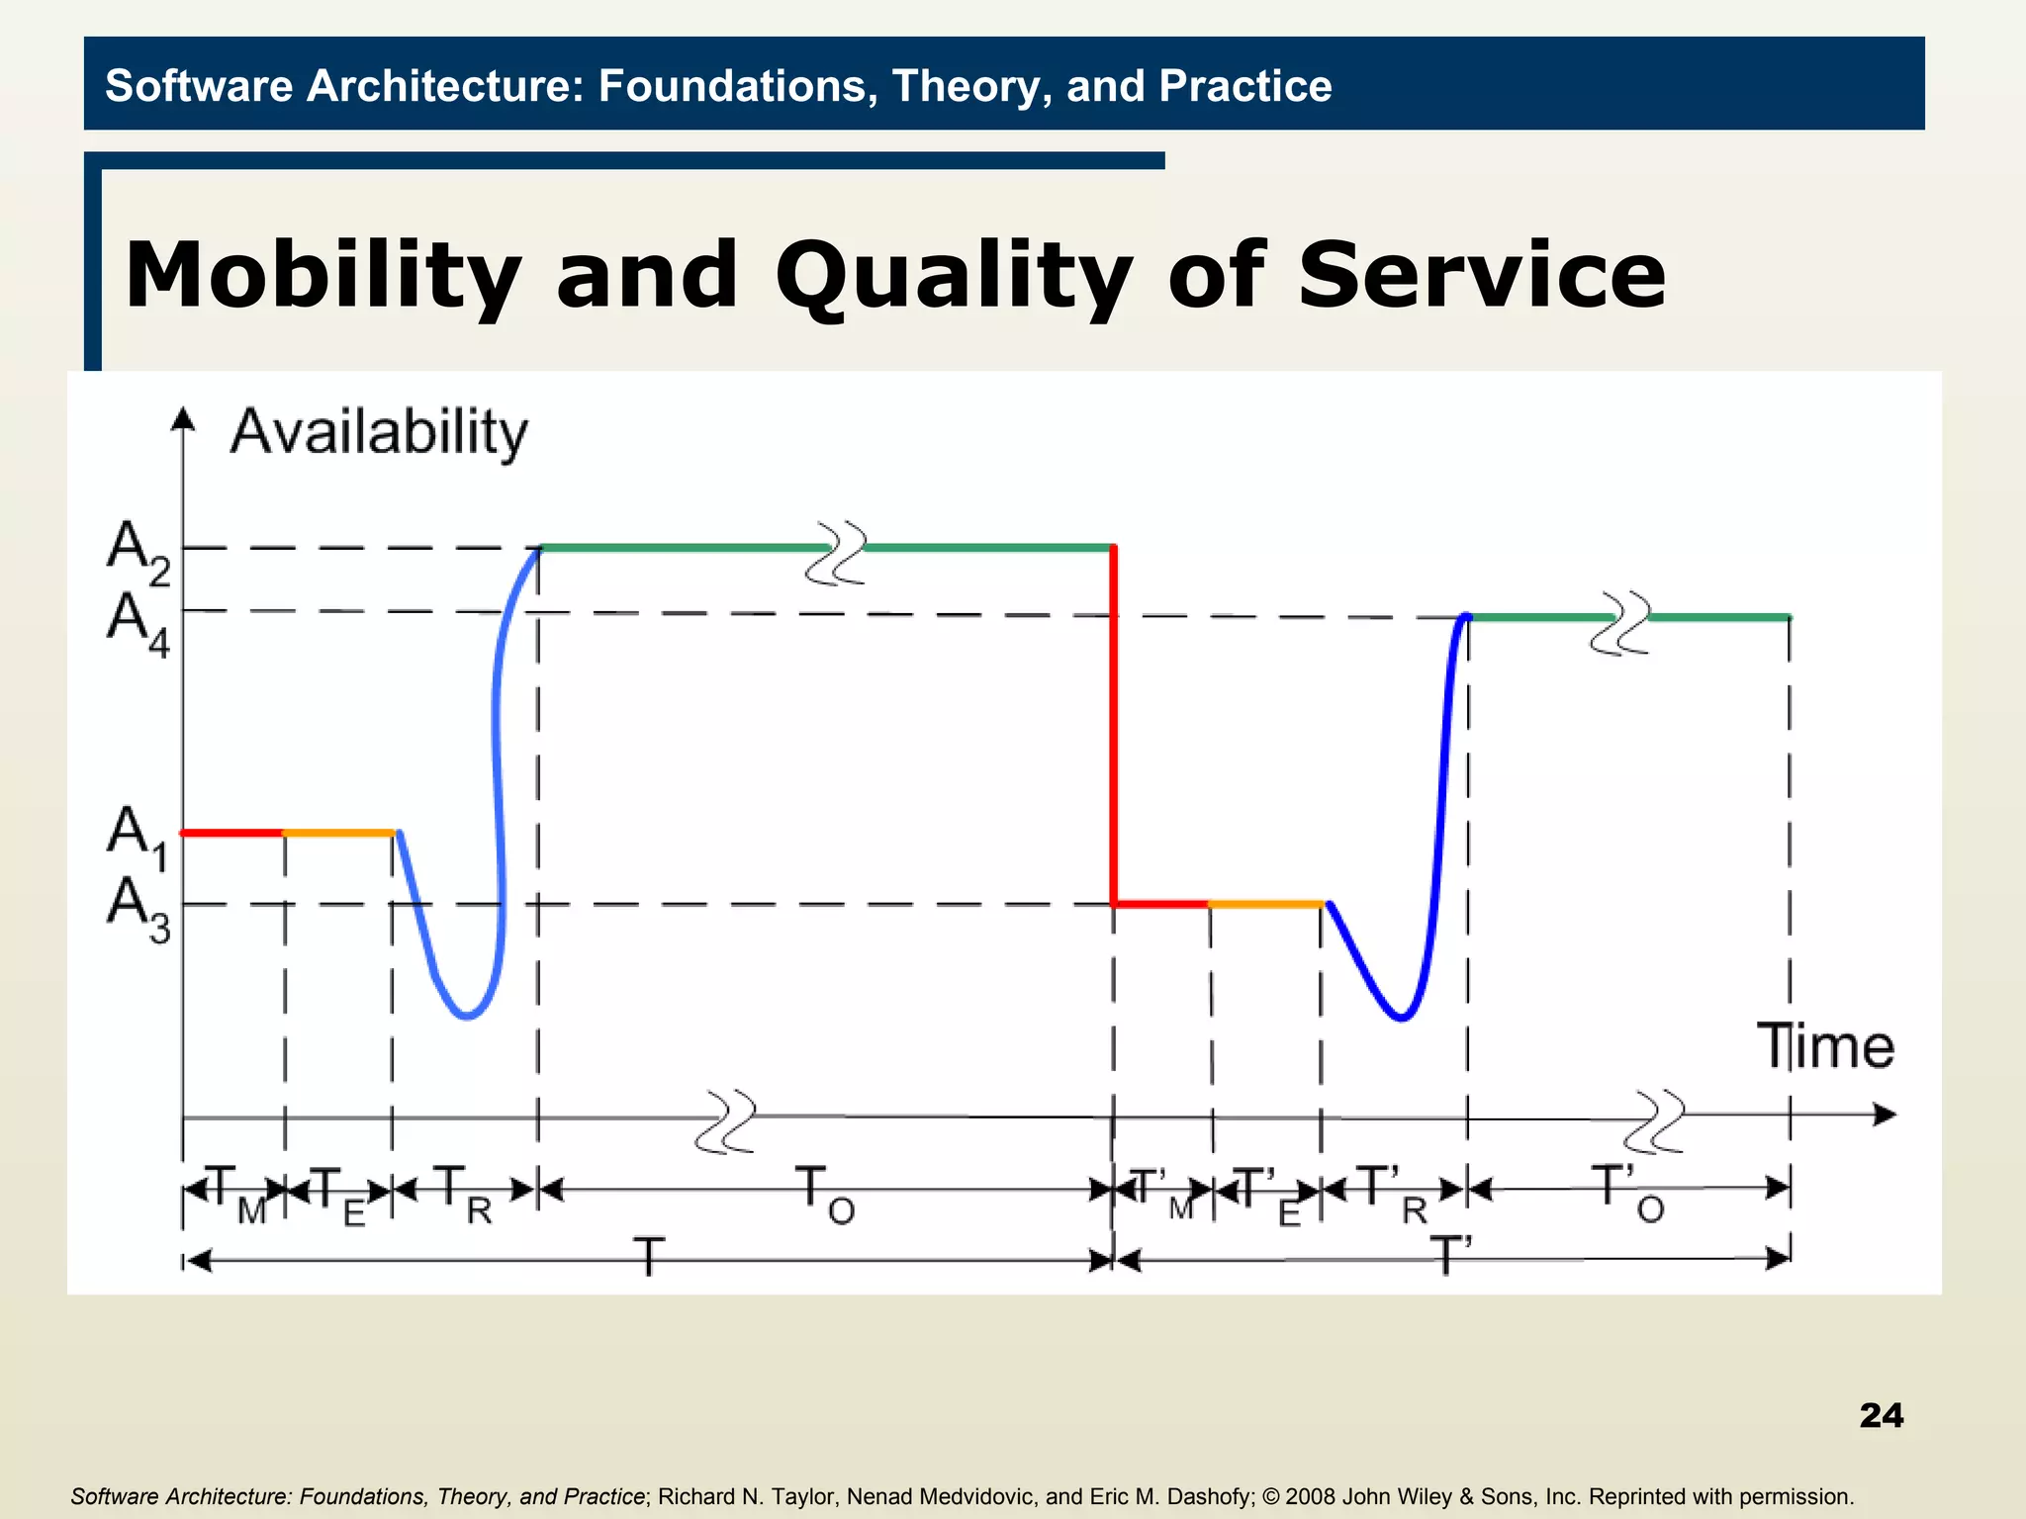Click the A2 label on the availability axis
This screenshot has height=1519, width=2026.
138,552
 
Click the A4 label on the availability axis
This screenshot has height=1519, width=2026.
138,623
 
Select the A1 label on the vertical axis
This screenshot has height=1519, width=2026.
138,836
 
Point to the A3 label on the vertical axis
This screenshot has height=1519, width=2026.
138,908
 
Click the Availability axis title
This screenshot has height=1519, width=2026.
379,432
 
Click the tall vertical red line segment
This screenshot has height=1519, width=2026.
1114,722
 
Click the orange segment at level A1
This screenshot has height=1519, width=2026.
339,834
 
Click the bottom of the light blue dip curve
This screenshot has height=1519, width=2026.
467,1016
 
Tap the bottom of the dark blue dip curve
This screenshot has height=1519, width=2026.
1401,1018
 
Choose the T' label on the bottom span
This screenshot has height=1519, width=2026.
1450,1256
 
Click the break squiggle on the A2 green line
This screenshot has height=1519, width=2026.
837,553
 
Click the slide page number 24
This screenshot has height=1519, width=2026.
1881,1415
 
